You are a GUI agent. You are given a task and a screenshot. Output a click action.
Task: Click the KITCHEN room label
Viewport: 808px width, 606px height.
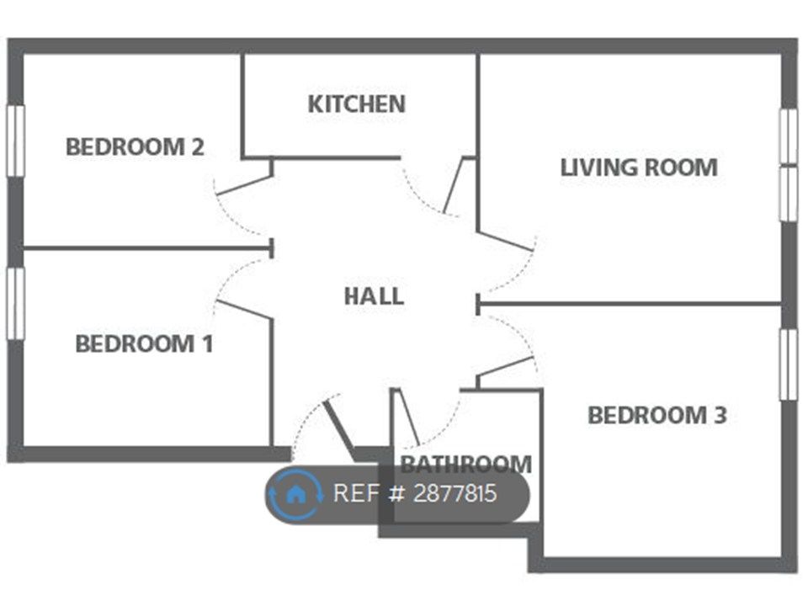point(356,104)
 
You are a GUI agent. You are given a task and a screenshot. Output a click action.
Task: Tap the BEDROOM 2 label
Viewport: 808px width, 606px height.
point(135,147)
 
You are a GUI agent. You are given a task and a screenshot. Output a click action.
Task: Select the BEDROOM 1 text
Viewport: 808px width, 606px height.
point(144,344)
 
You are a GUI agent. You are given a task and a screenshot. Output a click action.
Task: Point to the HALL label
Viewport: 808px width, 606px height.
point(374,296)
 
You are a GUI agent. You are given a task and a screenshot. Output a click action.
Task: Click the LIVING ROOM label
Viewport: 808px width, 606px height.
point(639,167)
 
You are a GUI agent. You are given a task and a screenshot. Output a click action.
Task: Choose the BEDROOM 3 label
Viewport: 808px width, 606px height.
point(656,415)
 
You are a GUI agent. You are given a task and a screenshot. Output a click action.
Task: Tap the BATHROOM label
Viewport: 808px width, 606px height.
point(465,464)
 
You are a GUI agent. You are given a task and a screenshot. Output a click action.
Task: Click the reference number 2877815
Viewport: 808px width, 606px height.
point(455,493)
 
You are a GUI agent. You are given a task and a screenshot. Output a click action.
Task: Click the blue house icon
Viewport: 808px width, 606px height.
point(295,494)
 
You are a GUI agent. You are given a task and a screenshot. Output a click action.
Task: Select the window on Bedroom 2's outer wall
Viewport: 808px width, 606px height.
point(15,141)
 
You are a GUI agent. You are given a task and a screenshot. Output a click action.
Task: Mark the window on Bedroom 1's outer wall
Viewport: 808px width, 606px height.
point(15,303)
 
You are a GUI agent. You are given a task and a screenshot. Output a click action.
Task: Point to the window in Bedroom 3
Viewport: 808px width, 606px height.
point(788,364)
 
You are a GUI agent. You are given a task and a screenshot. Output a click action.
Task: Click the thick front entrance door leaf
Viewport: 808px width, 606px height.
point(338,428)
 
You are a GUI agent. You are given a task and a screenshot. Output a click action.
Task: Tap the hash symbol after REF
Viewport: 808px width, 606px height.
point(397,493)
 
